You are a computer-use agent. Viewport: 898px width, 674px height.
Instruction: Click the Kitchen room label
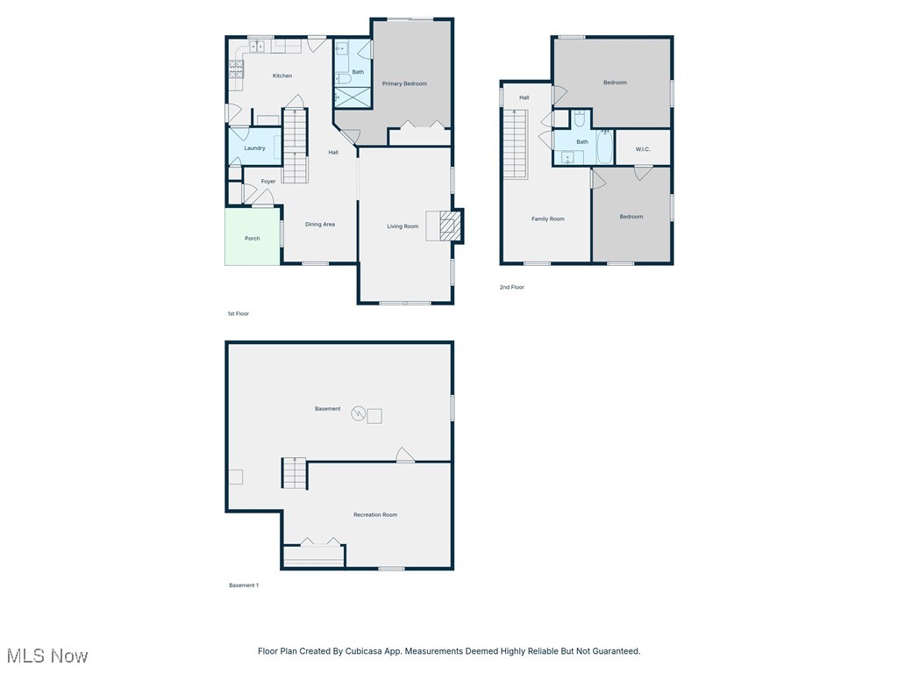[282, 76]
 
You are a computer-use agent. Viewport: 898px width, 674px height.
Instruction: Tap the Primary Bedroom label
[404, 84]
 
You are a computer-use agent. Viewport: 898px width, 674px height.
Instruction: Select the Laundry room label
[254, 148]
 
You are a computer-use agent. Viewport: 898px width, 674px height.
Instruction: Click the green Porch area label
[252, 239]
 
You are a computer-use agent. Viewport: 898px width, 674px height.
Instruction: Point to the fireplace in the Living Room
[449, 226]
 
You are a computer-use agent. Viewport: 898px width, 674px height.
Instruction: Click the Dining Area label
[320, 225]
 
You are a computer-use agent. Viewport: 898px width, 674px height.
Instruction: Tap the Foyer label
[268, 182]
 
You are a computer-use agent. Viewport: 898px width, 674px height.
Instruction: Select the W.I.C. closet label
[643, 149]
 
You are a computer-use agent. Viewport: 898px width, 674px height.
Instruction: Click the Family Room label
[548, 219]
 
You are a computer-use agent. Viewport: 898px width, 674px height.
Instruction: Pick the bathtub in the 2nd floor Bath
[605, 147]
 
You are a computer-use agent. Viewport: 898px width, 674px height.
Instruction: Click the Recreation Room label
[375, 515]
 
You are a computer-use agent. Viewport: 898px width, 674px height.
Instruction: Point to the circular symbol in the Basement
[358, 413]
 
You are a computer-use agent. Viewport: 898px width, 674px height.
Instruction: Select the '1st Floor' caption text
[238, 313]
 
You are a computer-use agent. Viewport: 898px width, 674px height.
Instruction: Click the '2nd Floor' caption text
[512, 287]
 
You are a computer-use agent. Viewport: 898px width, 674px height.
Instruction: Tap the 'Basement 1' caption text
[244, 585]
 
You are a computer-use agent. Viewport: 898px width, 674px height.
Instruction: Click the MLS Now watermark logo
[47, 656]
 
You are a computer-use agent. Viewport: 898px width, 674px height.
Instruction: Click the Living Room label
[403, 226]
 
